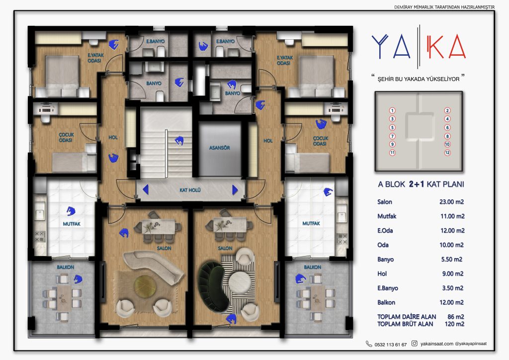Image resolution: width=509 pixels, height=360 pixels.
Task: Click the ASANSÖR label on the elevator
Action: click(219, 148)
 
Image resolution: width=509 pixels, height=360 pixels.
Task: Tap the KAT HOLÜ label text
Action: click(190, 190)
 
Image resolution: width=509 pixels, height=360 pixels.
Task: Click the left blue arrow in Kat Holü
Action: click(146, 189)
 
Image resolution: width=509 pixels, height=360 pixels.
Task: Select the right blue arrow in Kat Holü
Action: click(235, 190)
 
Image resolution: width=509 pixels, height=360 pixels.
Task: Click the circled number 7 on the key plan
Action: click(392, 136)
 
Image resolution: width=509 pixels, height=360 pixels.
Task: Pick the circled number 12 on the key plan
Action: click(447, 153)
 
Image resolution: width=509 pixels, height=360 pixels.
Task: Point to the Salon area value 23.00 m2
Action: click(451, 202)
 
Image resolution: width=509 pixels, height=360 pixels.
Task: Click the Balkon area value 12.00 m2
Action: click(451, 302)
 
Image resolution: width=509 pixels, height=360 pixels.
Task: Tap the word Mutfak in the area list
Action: click(387, 216)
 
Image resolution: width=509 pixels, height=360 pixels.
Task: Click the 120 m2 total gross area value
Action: click(454, 324)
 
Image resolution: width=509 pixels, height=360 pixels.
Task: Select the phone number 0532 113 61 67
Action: click(391, 345)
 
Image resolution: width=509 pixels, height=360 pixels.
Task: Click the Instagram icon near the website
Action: click(415, 344)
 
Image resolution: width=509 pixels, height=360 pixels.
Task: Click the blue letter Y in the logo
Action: click(380, 46)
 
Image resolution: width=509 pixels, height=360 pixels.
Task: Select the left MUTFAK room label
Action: click(72, 224)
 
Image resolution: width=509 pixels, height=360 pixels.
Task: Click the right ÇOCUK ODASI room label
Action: click(321, 141)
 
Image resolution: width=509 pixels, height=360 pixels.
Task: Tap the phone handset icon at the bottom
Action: click(369, 344)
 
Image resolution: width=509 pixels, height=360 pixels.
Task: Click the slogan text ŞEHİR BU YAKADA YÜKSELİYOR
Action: click(419, 79)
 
